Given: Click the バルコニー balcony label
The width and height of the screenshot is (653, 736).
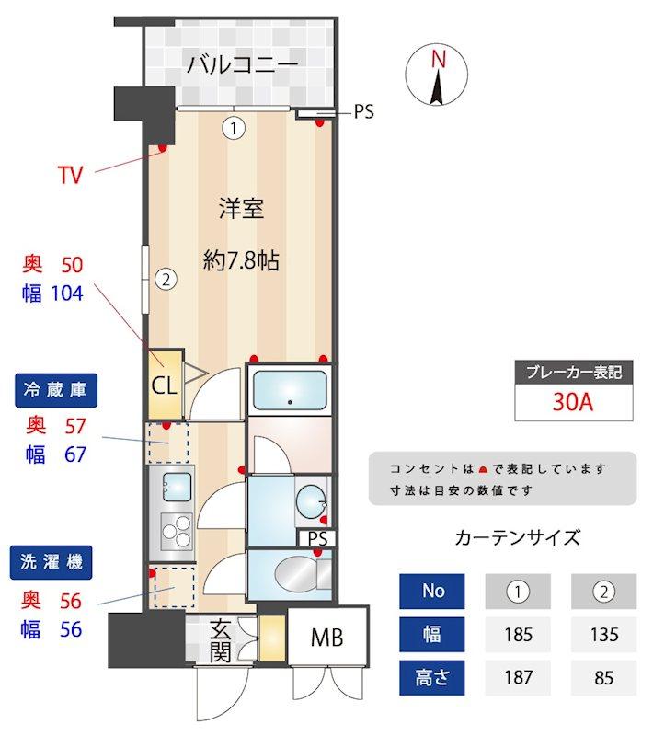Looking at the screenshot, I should tap(242, 64).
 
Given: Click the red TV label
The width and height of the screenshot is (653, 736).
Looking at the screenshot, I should tap(70, 175).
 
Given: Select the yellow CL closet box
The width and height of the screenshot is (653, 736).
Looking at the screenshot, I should tap(164, 384).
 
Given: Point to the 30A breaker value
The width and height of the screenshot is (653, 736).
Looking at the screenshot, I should tap(572, 403).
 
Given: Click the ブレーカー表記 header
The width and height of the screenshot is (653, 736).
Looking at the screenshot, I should tap(572, 373).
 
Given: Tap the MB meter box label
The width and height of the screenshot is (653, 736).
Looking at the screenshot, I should tap(327, 638).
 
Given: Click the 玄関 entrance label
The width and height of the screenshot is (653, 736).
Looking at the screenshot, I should tap(221, 640).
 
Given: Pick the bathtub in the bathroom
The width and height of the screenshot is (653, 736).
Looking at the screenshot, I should tap(290, 390).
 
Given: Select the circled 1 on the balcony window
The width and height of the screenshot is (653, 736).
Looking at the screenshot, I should tap(235, 128).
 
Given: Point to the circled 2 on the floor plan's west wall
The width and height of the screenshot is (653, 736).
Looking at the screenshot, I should tap(165, 277).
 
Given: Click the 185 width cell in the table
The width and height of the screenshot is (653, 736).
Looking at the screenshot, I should tap(518, 635).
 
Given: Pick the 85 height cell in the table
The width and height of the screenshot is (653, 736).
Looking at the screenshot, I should tap(604, 679).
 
